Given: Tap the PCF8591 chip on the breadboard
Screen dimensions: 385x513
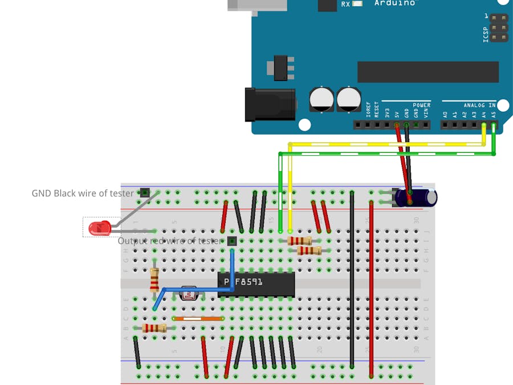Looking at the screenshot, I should click(x=256, y=283).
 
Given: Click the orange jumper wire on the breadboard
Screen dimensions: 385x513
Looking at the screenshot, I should click(x=198, y=318).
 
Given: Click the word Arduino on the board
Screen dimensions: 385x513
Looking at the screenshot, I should click(x=395, y=3).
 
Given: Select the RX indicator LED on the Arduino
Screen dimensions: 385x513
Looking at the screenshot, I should click(x=357, y=4).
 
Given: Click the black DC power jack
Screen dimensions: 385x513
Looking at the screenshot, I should click(x=269, y=104).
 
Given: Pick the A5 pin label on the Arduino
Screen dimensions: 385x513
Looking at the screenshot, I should click(x=494, y=114).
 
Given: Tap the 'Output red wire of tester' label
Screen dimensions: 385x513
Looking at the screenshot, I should click(x=170, y=241).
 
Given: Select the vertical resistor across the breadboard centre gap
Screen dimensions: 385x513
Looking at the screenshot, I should click(x=154, y=281).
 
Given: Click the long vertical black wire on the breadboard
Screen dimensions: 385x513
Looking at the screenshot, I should click(x=352, y=279).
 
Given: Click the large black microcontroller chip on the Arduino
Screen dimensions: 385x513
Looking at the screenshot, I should click(x=427, y=72).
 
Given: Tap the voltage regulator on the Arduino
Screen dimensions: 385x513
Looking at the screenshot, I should click(x=281, y=67).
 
